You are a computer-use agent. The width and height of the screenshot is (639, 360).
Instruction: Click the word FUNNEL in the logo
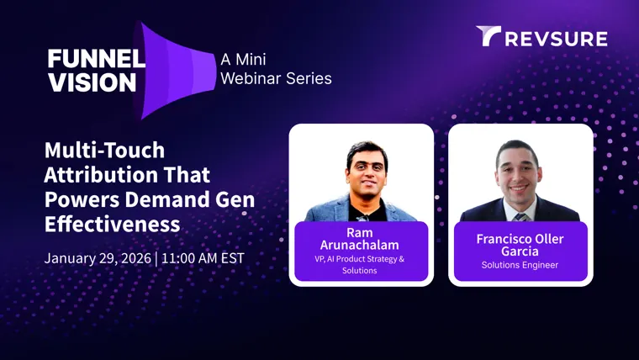[97, 59]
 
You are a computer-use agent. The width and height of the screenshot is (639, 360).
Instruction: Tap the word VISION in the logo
[92, 82]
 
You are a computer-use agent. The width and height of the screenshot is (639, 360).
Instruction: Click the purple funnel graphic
[174, 71]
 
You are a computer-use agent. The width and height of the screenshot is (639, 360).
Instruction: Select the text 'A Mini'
[243, 60]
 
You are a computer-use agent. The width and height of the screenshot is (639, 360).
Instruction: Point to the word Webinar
[251, 78]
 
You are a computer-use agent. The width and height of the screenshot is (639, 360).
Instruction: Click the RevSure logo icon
[488, 36]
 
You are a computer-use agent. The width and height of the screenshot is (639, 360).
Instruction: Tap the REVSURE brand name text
[557, 40]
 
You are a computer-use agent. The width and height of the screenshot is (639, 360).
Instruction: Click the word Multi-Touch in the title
[105, 150]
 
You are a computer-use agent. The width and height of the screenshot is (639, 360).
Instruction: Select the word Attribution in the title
[101, 175]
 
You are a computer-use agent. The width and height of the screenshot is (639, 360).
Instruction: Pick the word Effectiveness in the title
[112, 224]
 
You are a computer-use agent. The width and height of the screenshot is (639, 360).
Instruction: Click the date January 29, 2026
[98, 258]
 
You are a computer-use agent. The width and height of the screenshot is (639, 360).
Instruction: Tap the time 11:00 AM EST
[203, 258]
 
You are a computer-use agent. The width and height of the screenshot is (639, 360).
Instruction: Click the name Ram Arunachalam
[360, 239]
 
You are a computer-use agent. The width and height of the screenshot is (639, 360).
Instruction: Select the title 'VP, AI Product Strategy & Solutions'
[360, 265]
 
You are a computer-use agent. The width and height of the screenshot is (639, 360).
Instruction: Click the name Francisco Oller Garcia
[520, 245]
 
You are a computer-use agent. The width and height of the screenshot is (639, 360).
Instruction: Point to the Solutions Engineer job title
[520, 265]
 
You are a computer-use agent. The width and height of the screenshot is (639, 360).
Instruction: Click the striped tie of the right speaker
[521, 216]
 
